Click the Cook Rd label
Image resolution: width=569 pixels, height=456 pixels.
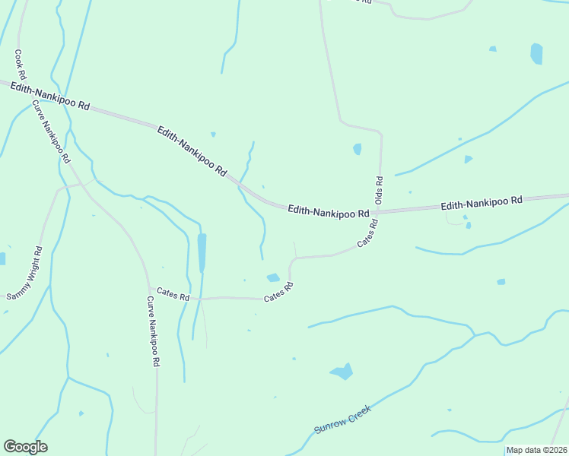pyautogui.click(x=21, y=65)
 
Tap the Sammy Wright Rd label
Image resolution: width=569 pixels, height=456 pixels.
pyautogui.click(x=23, y=272)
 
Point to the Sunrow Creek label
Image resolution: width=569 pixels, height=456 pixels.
pyautogui.click(x=342, y=420)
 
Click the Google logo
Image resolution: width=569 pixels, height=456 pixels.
pyautogui.click(x=25, y=447)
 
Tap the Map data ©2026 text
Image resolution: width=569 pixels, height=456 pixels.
pyautogui.click(x=536, y=450)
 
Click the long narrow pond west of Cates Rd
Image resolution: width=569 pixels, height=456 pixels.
pyautogui.click(x=202, y=252)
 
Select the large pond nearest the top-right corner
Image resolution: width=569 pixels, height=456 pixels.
pyautogui.click(x=536, y=53)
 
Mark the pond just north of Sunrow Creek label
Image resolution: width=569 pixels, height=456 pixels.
pyautogui.click(x=342, y=372)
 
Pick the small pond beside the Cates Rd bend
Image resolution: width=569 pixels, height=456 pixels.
pyautogui.click(x=273, y=277)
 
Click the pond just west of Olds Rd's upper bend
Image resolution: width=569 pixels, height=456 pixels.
pyautogui.click(x=357, y=149)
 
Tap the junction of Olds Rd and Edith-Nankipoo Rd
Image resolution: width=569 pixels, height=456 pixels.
pyautogui.click(x=380, y=211)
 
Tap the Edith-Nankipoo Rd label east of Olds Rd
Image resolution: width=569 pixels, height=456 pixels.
pyautogui.click(x=482, y=203)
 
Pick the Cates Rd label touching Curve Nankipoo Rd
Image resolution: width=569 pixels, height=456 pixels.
pyautogui.click(x=173, y=293)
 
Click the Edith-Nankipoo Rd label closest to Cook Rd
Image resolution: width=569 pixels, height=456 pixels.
pyautogui.click(x=50, y=98)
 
